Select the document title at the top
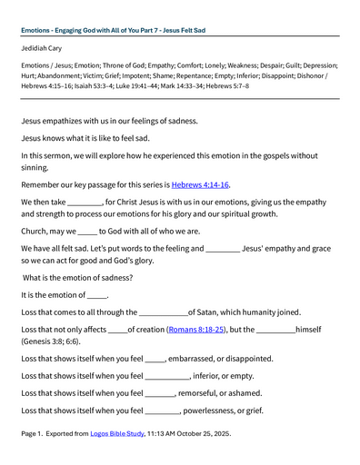pyautogui.click(x=113, y=30)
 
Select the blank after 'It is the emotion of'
pyautogui.click(x=96, y=295)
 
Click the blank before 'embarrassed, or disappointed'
pyautogui.click(x=154, y=359)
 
